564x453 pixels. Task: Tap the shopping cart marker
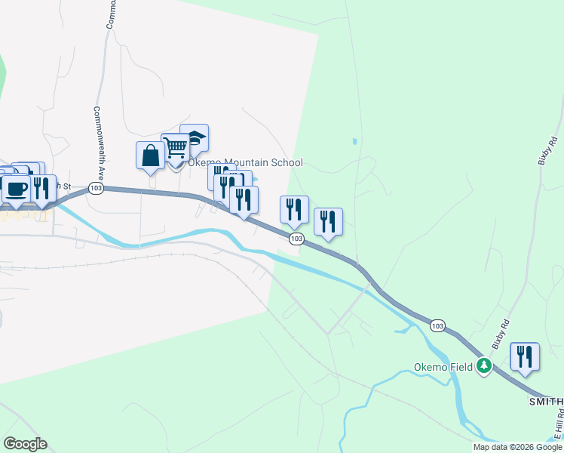pyautogui.click(x=175, y=147)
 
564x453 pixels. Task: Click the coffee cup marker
pyautogui.click(x=16, y=189)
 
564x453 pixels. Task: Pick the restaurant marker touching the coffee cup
pyautogui.click(x=41, y=188)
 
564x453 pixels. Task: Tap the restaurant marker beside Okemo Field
pyautogui.click(x=525, y=356)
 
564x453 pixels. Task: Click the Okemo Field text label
pyautogui.click(x=443, y=368)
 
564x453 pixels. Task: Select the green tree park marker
pyautogui.click(x=483, y=368)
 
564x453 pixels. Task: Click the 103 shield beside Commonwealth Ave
pyautogui.click(x=95, y=187)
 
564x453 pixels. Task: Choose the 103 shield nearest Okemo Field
pyautogui.click(x=437, y=325)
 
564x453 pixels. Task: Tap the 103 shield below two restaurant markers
pyautogui.click(x=296, y=239)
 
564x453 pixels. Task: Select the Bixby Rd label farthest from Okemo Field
pyautogui.click(x=547, y=150)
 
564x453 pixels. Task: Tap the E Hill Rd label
pyautogui.click(x=559, y=427)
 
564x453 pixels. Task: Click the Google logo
pyautogui.click(x=25, y=444)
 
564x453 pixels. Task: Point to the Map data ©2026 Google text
pyautogui.click(x=517, y=447)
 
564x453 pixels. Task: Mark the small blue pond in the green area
pyautogui.click(x=354, y=141)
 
